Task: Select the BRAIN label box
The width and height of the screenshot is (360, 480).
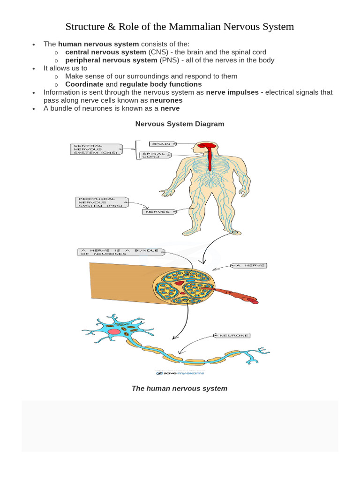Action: (x=162, y=144)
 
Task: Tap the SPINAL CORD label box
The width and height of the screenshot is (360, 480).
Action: (x=155, y=155)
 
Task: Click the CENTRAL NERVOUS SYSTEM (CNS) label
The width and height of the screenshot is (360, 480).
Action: (x=97, y=149)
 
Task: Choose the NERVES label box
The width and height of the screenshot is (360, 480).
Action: (x=159, y=212)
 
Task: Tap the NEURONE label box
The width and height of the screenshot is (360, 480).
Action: (x=231, y=336)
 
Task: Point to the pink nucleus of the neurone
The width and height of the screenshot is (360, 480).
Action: (x=114, y=331)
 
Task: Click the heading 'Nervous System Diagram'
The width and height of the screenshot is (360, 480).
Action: (x=180, y=124)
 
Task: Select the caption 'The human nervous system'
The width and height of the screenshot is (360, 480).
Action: (x=180, y=389)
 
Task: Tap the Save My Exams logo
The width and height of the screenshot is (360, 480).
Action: (x=180, y=373)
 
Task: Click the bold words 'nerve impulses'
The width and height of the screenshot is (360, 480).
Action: (x=232, y=92)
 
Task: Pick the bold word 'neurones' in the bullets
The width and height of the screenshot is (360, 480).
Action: (x=166, y=100)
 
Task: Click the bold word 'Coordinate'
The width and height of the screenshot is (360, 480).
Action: (x=84, y=84)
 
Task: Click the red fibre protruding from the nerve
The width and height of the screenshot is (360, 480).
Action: (x=234, y=295)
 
